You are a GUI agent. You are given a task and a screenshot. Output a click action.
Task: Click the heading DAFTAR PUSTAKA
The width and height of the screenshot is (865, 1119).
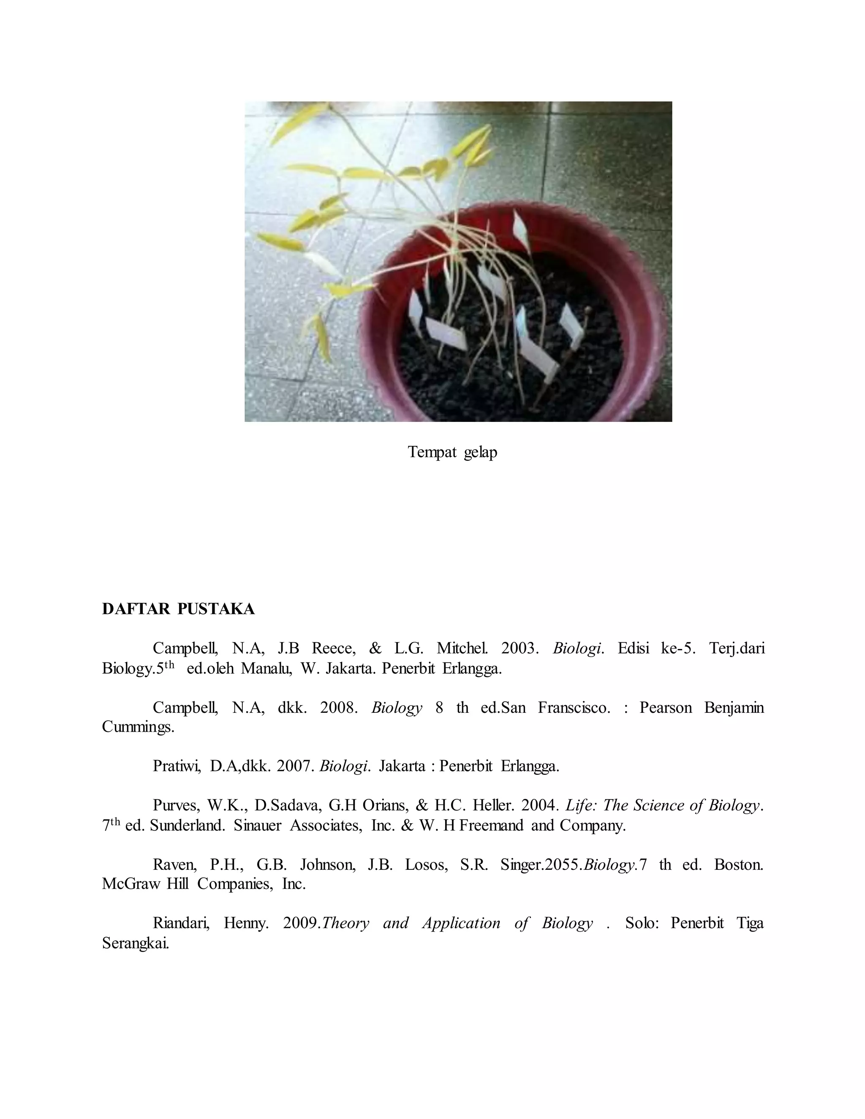178,609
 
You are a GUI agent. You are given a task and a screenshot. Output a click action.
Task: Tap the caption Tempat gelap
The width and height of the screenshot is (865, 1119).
452,452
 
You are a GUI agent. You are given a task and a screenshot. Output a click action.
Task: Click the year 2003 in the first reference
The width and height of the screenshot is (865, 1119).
519,649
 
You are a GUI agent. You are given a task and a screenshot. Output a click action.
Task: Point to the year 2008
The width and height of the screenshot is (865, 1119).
338,708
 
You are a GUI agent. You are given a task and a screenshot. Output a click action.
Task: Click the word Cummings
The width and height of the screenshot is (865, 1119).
138,727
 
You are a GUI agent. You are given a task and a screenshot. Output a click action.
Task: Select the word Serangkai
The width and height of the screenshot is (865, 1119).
135,943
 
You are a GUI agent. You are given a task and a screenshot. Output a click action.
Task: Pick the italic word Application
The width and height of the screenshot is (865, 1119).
461,923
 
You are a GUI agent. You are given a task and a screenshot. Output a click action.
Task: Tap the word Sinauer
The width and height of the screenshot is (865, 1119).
257,826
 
